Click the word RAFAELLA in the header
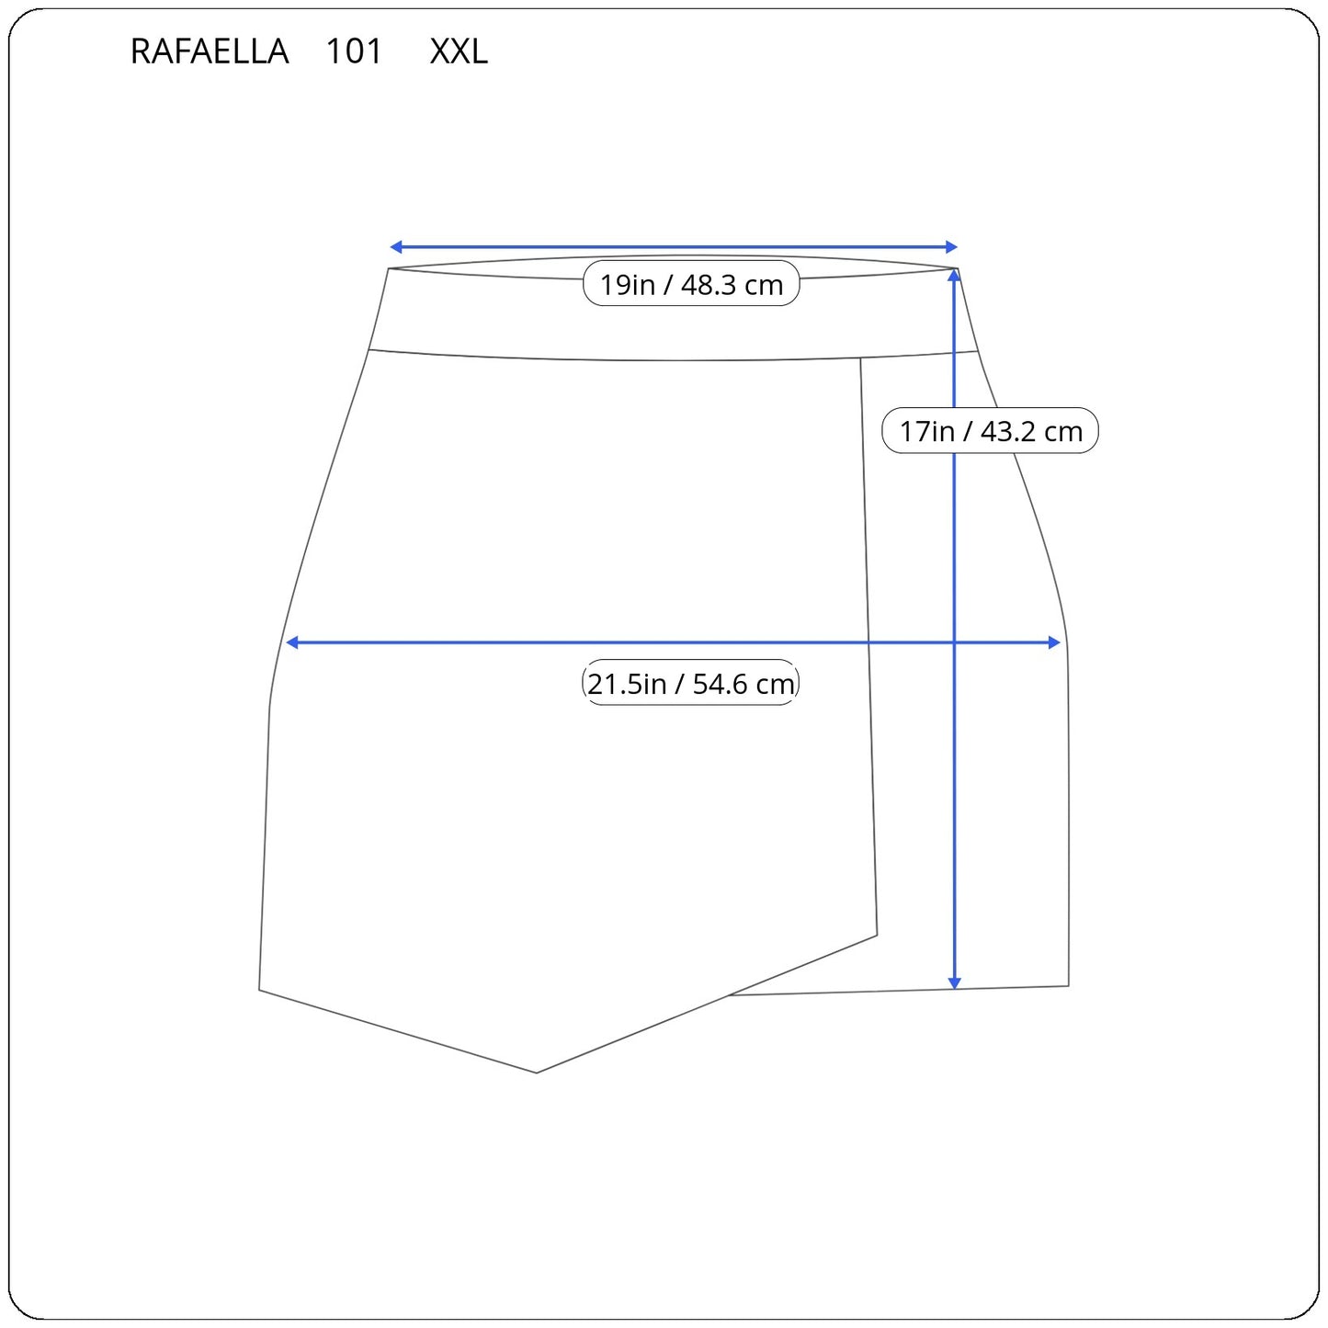tap(210, 51)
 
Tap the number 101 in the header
tap(354, 51)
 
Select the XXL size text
tap(459, 51)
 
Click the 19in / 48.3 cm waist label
tap(691, 284)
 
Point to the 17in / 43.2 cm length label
tap(991, 431)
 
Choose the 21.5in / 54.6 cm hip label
tap(690, 684)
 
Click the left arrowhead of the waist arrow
tap(395, 246)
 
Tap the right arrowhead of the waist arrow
tap(952, 246)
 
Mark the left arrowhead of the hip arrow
tap(291, 643)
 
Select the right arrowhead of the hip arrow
tap(1054, 643)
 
